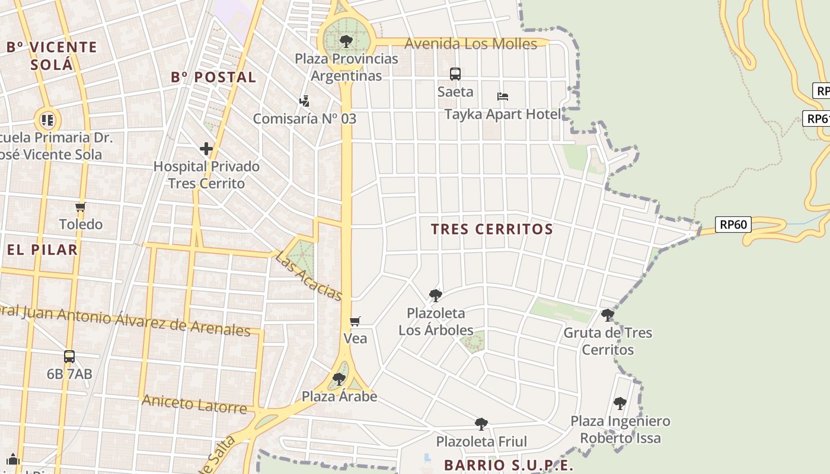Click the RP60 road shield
click(733, 225)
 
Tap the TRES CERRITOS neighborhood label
click(492, 229)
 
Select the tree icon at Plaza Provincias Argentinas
click(346, 41)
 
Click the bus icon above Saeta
click(455, 74)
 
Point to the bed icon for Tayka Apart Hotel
click(503, 96)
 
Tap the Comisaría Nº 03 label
click(305, 118)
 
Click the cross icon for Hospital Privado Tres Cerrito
click(206, 149)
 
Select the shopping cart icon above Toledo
click(81, 207)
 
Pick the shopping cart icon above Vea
click(355, 321)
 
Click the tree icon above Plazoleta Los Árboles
click(436, 295)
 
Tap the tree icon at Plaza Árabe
click(339, 379)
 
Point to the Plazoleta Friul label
click(481, 441)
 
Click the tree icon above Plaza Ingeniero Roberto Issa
click(620, 403)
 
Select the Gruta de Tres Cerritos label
click(608, 341)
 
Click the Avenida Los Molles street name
click(471, 44)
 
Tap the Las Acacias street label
click(309, 275)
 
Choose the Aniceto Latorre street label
click(194, 404)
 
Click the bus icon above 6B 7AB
click(69, 357)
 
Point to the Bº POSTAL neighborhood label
click(213, 78)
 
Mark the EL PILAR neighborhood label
click(43, 249)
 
